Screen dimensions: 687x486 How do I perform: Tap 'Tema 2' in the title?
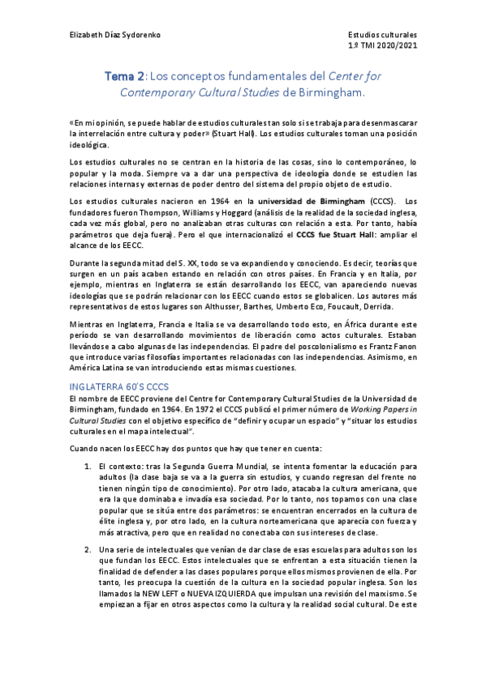click(x=124, y=76)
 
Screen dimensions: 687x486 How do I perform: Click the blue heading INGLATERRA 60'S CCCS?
click(x=118, y=387)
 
